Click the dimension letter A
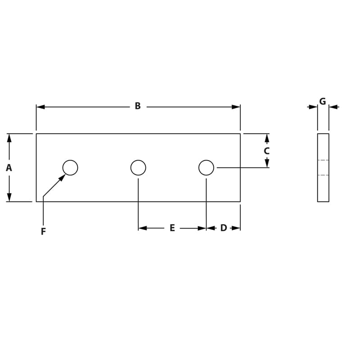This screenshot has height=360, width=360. [9, 168]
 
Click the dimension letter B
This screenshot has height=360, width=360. [138, 106]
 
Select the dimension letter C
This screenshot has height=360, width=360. [266, 151]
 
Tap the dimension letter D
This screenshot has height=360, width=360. [223, 228]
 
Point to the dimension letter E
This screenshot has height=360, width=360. [172, 228]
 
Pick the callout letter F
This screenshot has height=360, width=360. [43, 232]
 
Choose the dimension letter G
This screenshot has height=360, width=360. [323, 102]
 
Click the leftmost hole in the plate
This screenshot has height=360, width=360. [70, 167]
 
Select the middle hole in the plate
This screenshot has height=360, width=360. [138, 167]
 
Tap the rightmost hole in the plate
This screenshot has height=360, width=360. [206, 167]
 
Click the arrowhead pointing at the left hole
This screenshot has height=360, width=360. [62, 177]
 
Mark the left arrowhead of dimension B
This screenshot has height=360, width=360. [40, 107]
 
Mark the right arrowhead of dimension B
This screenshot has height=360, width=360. [236, 107]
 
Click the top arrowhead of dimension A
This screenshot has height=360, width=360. [9, 138]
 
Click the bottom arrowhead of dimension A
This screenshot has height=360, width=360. [9, 197]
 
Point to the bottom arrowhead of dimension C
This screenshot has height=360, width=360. [267, 163]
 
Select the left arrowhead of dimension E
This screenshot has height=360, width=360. [143, 228]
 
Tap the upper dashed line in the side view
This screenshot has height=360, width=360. [323, 160]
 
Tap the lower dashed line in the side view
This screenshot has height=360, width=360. [323, 175]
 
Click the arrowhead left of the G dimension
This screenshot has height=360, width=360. [313, 107]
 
